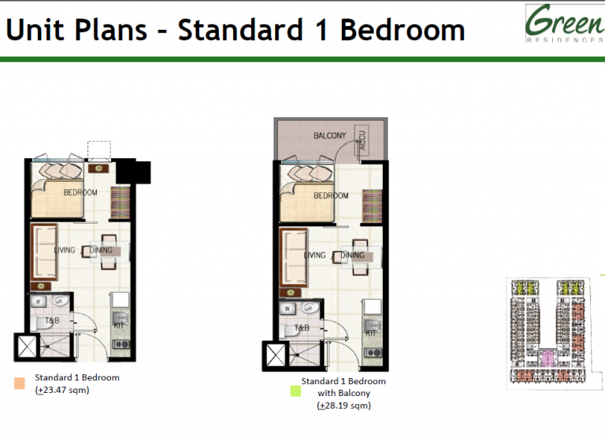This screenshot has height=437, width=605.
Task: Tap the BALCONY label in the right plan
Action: click(329, 136)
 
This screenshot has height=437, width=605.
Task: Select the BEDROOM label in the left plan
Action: click(80, 193)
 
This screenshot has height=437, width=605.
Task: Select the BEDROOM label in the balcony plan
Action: click(331, 196)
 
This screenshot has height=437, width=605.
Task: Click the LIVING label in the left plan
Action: click(65, 251)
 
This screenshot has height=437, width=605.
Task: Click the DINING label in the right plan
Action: click(352, 255)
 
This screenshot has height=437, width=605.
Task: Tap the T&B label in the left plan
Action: click(52, 321)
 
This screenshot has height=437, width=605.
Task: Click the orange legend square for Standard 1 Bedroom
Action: click(20, 383)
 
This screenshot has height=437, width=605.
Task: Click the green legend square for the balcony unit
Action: click(296, 391)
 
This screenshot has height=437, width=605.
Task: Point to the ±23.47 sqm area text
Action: click(63, 390)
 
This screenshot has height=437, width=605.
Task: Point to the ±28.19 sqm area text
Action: click(343, 406)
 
